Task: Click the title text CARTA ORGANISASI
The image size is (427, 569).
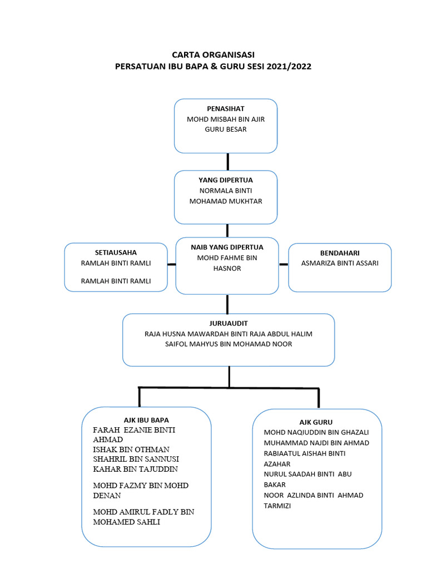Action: (213, 54)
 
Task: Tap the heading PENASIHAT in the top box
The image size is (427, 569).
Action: (225, 109)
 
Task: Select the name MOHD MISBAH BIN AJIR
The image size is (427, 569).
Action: (225, 119)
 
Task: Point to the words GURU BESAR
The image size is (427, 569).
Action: (225, 129)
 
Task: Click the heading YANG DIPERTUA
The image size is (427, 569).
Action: (225, 180)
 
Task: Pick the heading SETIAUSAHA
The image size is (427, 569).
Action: (116, 252)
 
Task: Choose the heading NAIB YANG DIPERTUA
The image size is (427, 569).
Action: (227, 247)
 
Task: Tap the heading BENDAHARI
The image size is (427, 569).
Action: (340, 253)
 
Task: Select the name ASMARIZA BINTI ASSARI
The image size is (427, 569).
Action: (340, 263)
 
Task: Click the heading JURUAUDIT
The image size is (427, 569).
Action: (229, 323)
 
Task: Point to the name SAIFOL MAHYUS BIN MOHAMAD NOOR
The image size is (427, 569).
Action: (229, 344)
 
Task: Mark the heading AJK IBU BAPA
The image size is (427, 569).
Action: (146, 420)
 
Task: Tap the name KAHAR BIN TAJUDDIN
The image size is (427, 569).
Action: (135, 469)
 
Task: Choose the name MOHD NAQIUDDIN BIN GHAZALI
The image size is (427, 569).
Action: (316, 432)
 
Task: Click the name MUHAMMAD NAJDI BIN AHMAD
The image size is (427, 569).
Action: (316, 443)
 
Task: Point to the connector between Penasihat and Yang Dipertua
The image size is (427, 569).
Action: (227, 162)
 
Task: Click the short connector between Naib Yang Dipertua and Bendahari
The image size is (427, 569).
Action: (284, 264)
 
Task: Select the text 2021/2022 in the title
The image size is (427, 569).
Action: (289, 66)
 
